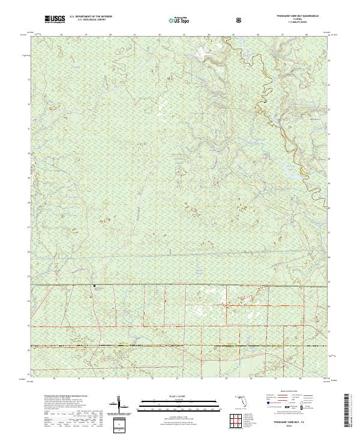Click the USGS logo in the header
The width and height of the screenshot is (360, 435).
tap(55, 20)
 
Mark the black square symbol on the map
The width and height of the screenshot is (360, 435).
tap(94, 285)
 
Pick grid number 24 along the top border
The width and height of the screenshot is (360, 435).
tap(209, 35)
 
